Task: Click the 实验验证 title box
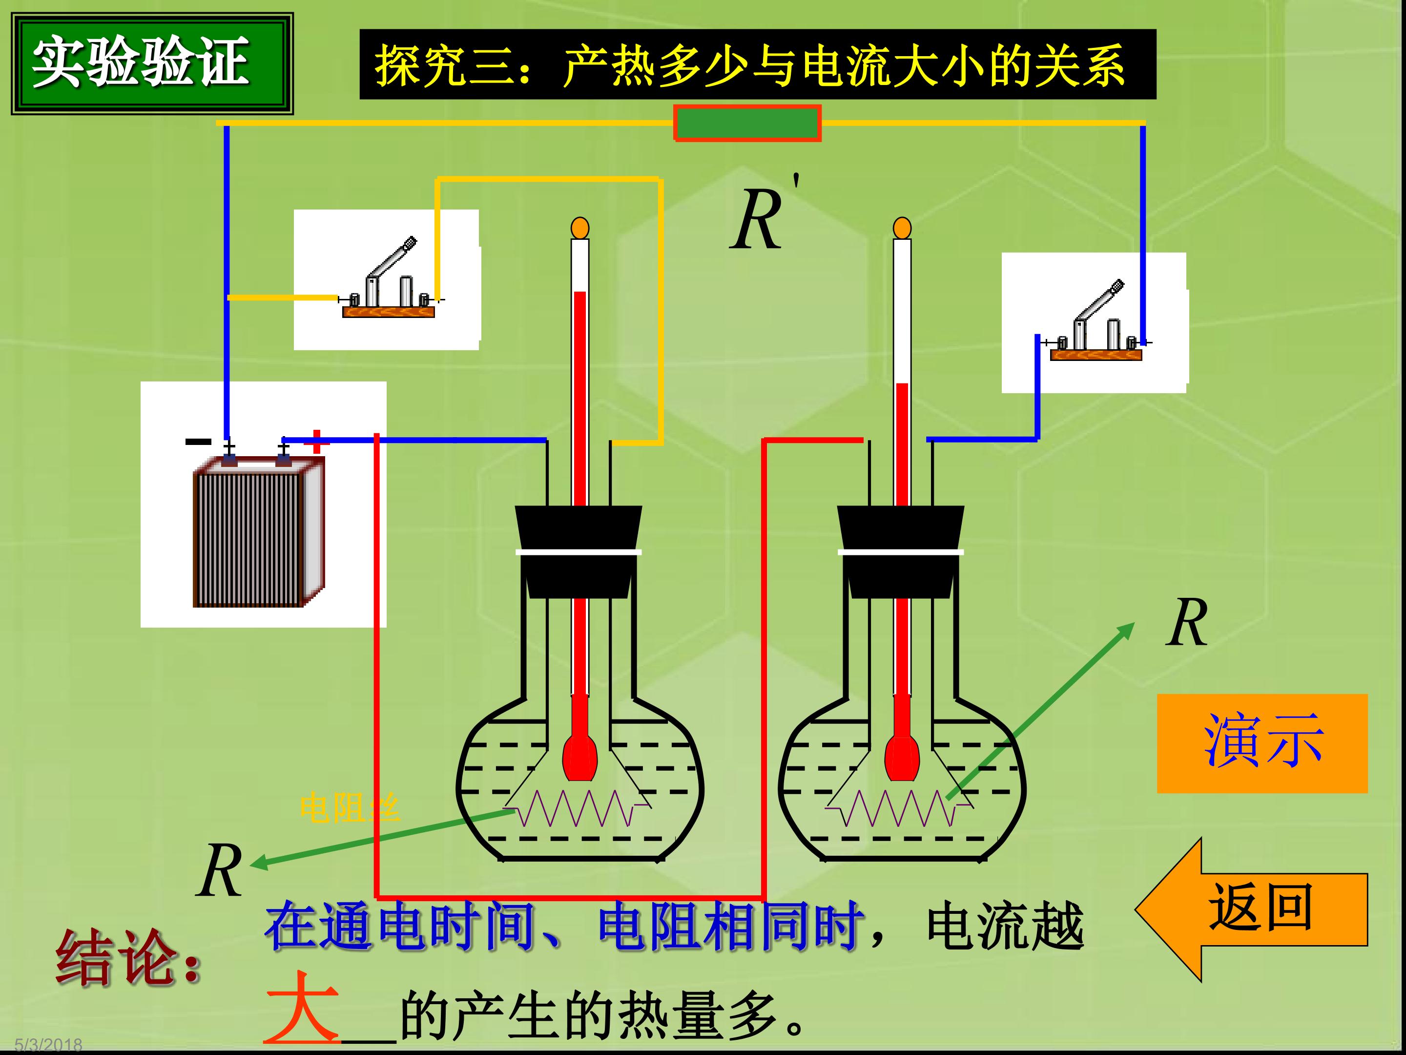coord(152,63)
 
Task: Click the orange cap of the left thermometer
coord(579,228)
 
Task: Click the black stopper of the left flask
coord(579,551)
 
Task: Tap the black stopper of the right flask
coord(901,551)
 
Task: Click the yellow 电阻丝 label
coord(350,808)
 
